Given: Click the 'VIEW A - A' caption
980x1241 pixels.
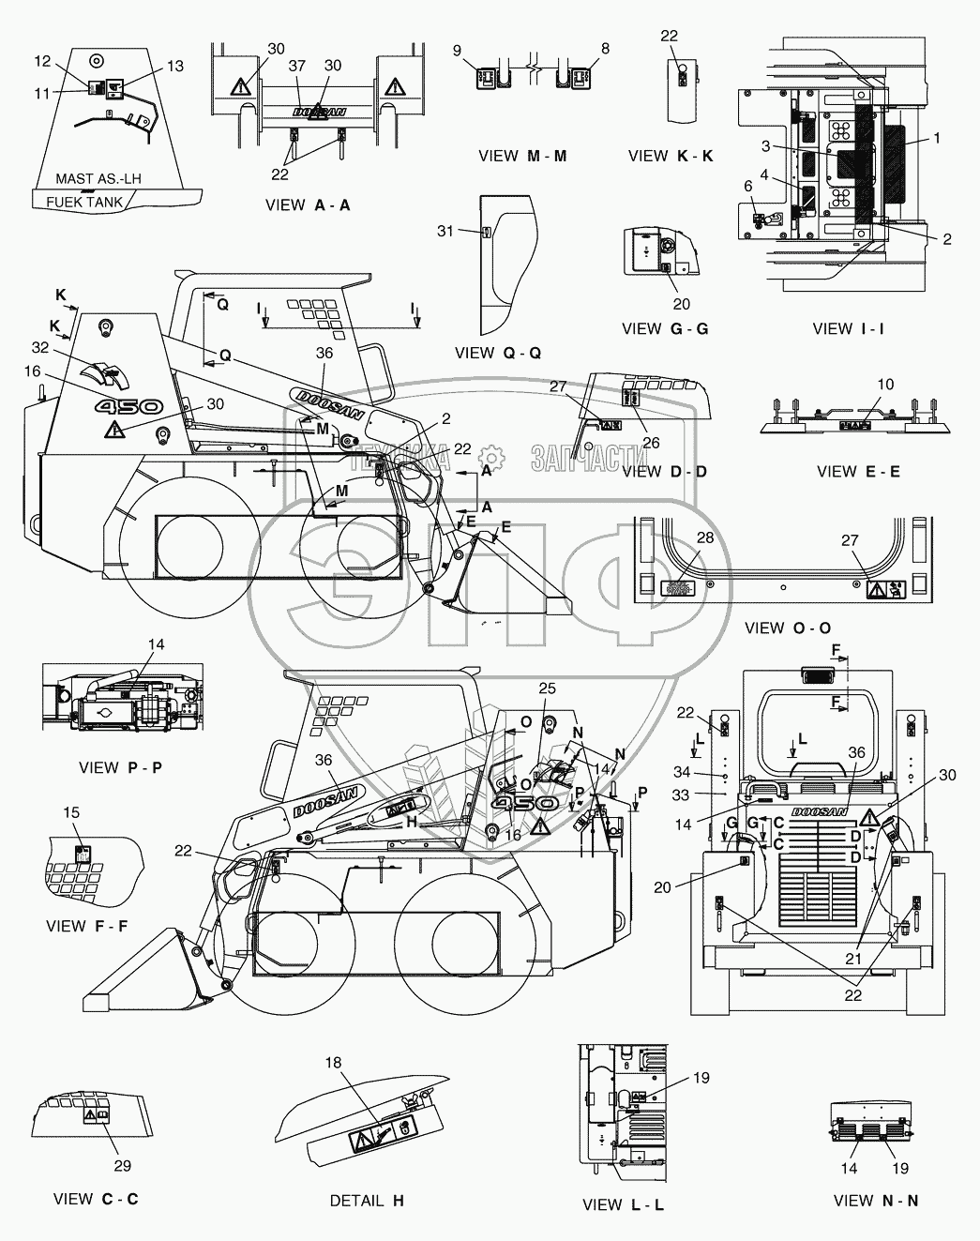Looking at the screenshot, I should point(308,204).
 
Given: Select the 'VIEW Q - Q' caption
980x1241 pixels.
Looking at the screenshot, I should point(498,353).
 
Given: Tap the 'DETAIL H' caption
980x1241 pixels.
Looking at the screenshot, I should point(367,1201).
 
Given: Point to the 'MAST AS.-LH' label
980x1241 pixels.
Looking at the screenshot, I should point(97,179).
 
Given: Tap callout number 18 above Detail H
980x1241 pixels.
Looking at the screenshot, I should point(333,1063).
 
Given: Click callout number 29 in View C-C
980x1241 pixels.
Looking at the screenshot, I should point(122,1166).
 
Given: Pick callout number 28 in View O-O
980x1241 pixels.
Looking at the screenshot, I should point(704,537).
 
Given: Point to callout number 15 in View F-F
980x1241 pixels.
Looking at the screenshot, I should point(71,811).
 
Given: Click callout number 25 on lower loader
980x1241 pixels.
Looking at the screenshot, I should point(548,689).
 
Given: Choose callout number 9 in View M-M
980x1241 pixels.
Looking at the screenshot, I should point(458,50).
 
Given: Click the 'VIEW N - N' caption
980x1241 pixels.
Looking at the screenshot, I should point(875,1201).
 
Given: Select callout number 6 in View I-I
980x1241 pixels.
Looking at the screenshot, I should point(748,187).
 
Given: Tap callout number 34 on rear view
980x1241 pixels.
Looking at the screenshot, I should point(681,773).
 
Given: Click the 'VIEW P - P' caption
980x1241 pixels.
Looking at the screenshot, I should point(120,767).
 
